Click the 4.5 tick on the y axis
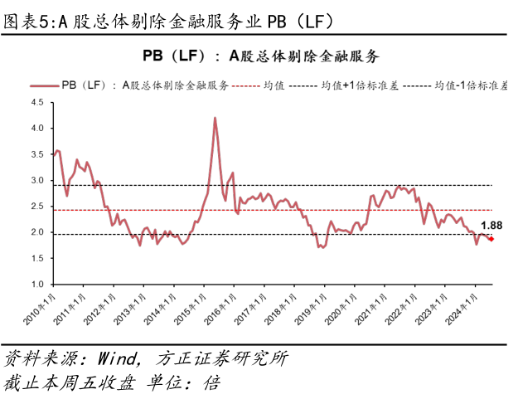pos(37,103)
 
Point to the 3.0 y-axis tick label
pos(37,181)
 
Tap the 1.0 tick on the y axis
pos(37,285)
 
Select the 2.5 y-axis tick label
pos(37,207)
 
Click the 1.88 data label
pos(491,225)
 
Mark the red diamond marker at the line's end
pos(491,239)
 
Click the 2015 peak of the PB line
pos(215,118)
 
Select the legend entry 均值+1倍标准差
pos(351,85)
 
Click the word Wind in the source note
pos(119,359)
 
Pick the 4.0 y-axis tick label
pos(37,129)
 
